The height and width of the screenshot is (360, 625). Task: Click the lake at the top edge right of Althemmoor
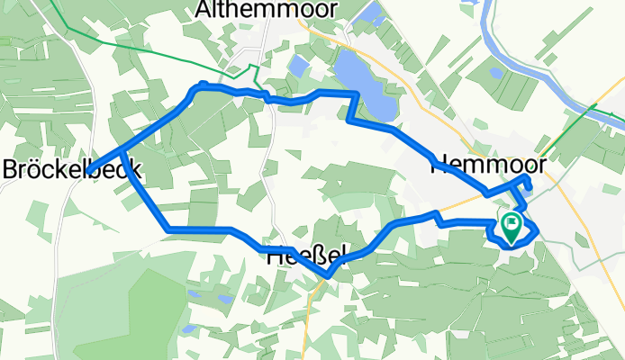coord(367,13)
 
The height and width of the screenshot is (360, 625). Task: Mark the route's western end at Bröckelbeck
coord(91,169)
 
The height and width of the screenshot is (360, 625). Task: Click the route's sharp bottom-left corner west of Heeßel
coord(169,230)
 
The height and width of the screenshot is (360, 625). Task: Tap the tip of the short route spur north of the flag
coord(528,186)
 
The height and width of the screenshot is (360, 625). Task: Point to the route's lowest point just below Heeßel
coord(331,274)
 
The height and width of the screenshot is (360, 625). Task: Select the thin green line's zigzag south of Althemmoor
coord(255,74)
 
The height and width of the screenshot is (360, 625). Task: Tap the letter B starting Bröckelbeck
coord(12,169)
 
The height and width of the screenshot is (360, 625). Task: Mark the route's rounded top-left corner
coord(199,85)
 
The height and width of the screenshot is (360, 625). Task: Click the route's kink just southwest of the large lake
coord(350,116)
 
